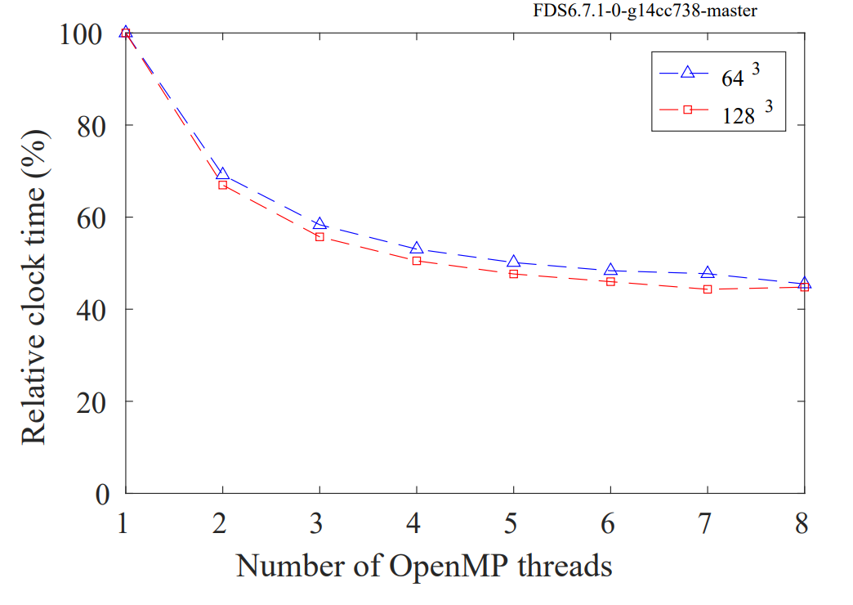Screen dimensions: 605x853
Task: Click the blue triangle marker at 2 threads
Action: tap(222, 174)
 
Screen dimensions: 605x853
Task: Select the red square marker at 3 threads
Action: tap(319, 237)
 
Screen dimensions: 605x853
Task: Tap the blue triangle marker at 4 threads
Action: tap(417, 248)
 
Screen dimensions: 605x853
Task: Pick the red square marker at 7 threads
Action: tap(708, 289)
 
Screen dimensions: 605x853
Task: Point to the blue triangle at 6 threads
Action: tap(610, 270)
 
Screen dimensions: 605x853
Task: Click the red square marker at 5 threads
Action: tap(513, 274)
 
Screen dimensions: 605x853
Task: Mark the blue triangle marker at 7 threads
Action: tap(708, 272)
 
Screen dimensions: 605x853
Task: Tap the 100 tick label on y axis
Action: tap(83, 34)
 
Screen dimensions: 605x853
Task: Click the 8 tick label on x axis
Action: tap(803, 522)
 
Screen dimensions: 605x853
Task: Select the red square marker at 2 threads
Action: tap(222, 186)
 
